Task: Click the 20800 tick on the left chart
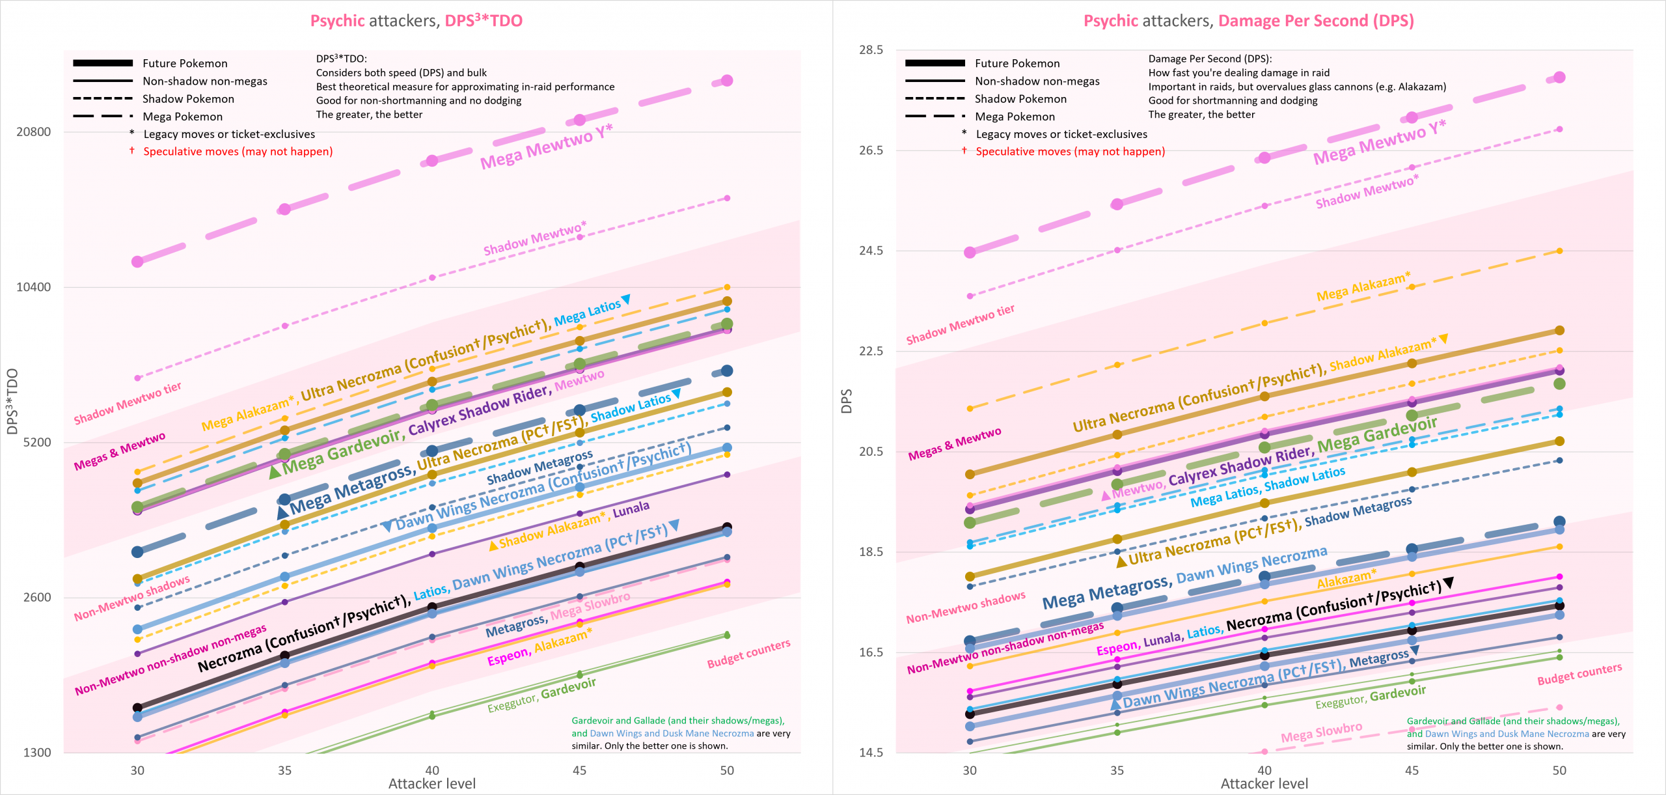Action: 33,132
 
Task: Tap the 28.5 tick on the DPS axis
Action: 871,50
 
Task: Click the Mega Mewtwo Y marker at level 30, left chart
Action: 137,262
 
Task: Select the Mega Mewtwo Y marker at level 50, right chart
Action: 1559,77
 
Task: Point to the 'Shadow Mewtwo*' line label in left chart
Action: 534,239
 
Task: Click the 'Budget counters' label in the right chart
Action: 1579,675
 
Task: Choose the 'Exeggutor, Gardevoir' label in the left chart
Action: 541,695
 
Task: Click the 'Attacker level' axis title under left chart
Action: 431,784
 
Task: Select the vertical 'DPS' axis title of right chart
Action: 847,401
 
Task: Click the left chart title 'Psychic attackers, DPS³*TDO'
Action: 416,21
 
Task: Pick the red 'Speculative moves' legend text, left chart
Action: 238,152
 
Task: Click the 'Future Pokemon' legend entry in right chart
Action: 1017,63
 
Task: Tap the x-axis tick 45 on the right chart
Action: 1412,770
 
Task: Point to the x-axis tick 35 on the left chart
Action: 284,770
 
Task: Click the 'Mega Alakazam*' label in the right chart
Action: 1363,287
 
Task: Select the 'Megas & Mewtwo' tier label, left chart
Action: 120,451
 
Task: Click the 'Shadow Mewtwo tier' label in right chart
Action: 960,324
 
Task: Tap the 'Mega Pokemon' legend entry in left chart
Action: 182,117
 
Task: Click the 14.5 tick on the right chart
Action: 871,753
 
